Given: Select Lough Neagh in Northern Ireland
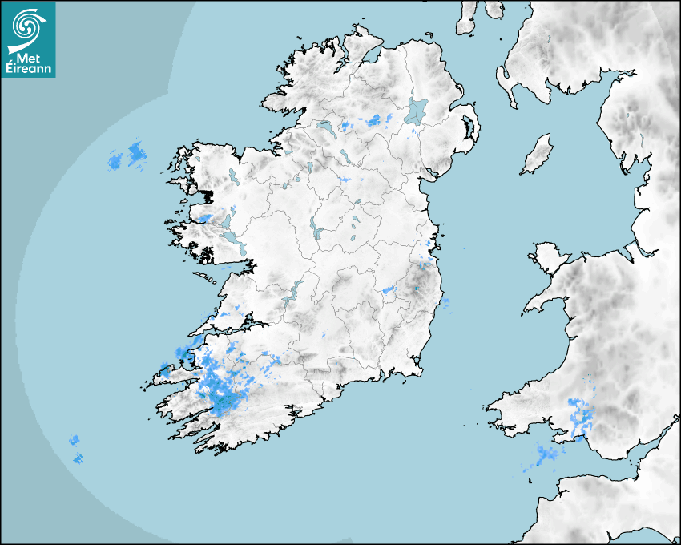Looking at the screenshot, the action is (x=417, y=110).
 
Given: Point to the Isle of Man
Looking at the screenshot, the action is (x=537, y=154).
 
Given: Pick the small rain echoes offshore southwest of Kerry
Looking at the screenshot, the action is (x=75, y=449).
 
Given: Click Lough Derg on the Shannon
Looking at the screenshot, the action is (x=292, y=290).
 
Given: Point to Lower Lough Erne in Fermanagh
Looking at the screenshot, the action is (x=324, y=127).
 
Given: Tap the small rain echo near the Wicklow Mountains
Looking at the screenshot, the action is (x=390, y=289).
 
